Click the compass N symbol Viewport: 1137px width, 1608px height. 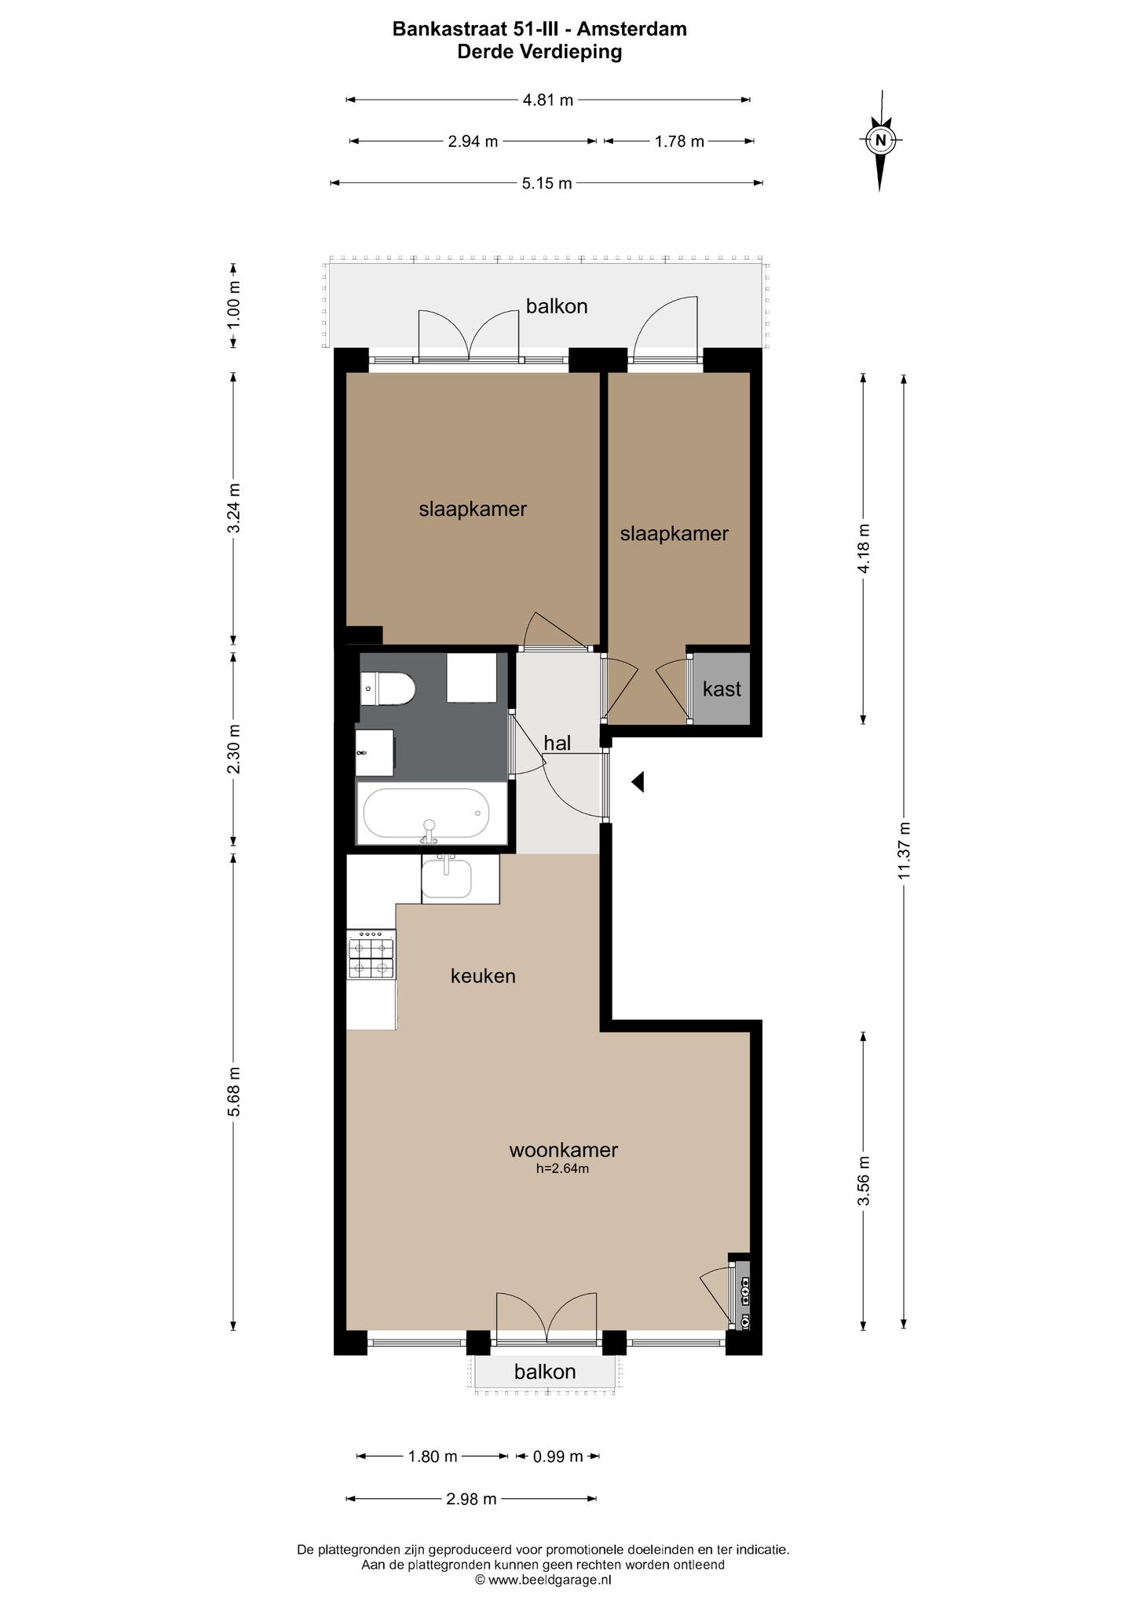(x=880, y=141)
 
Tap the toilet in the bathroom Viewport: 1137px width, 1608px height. (x=387, y=689)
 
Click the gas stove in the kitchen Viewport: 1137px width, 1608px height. (x=371, y=954)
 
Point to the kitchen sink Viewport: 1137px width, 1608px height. (x=447, y=878)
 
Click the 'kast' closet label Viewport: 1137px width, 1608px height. (x=722, y=689)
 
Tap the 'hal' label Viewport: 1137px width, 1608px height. (x=557, y=743)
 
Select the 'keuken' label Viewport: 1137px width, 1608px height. (x=483, y=976)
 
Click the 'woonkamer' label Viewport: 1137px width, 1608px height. (x=563, y=1150)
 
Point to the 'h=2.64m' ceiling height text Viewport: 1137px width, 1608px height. (x=562, y=1168)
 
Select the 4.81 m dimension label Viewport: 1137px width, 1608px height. (x=548, y=100)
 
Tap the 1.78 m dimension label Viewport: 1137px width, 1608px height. (x=679, y=141)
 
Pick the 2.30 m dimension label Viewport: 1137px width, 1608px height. (x=234, y=748)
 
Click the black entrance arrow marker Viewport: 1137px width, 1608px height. (x=638, y=782)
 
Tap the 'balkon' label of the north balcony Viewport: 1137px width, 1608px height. (x=557, y=306)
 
